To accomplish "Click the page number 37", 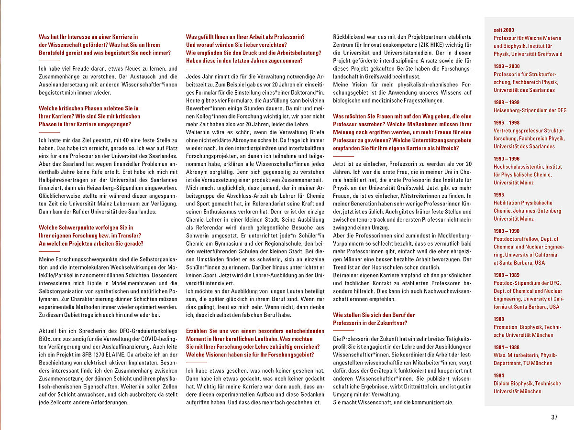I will pos(554,417).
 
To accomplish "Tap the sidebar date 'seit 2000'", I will pos(504,30).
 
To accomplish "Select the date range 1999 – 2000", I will pos(507,66).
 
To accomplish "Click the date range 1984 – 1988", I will pos(507,347).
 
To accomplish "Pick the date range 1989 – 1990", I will pos(507,231).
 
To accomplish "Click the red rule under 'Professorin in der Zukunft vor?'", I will pos(343,330).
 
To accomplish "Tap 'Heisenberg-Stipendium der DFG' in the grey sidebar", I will pos(530,110).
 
